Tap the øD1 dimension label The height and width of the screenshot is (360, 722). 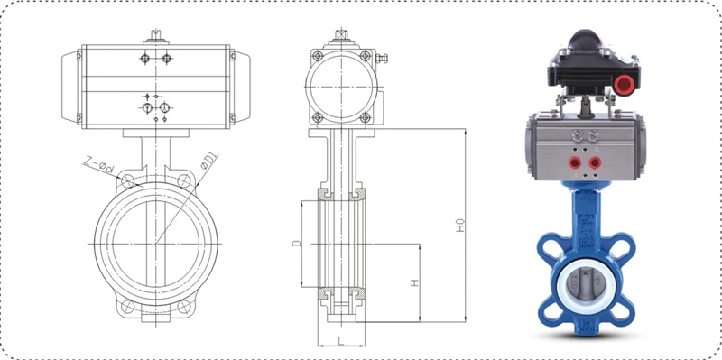(209, 163)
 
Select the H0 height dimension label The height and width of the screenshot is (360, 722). (460, 226)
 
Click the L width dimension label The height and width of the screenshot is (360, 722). (341, 341)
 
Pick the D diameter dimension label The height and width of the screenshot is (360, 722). (297, 243)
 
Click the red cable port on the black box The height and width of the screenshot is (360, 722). (625, 84)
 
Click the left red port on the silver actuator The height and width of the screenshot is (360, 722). (574, 162)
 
